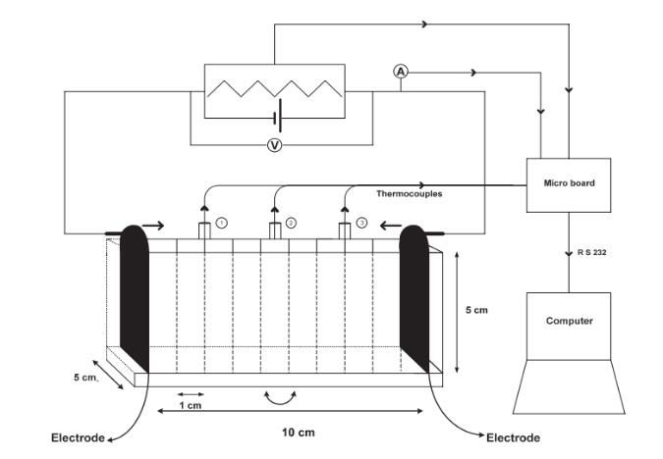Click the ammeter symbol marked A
pyautogui.click(x=401, y=72)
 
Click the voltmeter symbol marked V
pyautogui.click(x=275, y=145)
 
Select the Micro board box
pyautogui.click(x=569, y=183)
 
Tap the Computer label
pyautogui.click(x=570, y=321)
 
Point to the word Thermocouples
pyautogui.click(x=409, y=194)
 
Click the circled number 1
pyautogui.click(x=222, y=224)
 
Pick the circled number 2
pyautogui.click(x=291, y=224)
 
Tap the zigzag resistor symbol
pyautogui.click(x=274, y=88)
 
